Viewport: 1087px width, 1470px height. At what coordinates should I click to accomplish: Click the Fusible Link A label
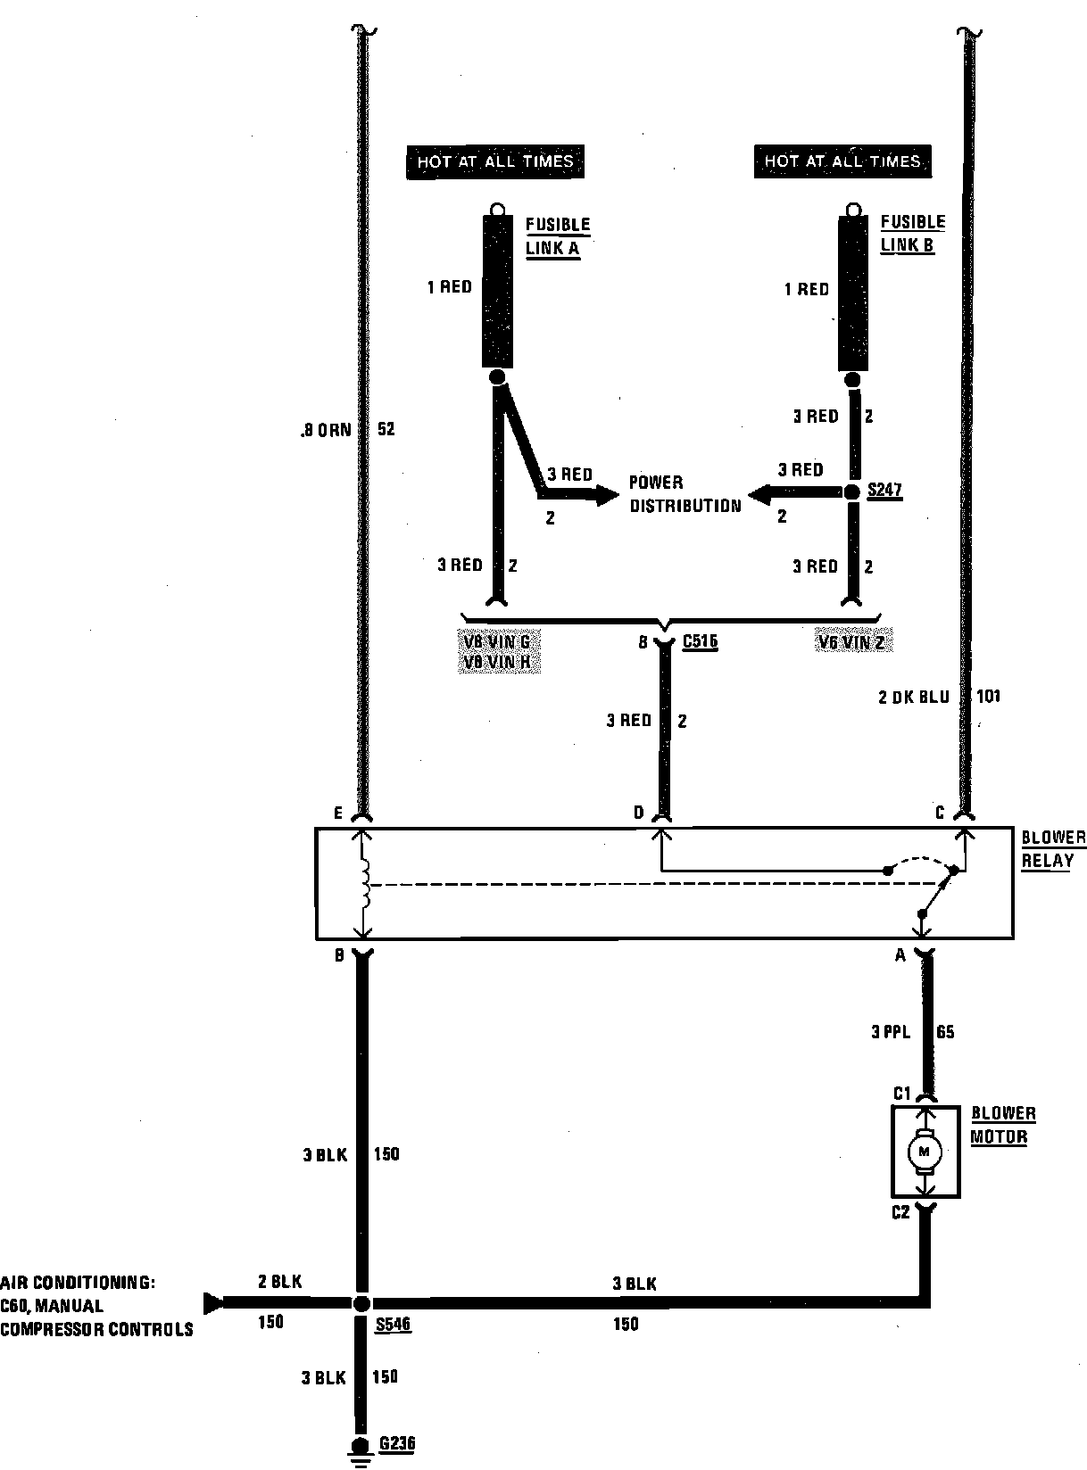coord(558,236)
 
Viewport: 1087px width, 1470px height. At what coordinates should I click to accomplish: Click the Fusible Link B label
coord(912,234)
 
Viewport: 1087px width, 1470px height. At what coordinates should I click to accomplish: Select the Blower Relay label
coord(1053,849)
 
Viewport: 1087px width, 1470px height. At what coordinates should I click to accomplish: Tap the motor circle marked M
coord(925,1152)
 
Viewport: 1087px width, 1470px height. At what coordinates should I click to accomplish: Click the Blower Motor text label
coord(1003,1126)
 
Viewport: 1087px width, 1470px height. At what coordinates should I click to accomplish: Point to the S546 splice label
coord(393,1324)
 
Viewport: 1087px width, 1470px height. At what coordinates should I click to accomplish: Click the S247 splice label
coord(884,491)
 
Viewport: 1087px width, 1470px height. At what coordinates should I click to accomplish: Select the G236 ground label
coord(397,1443)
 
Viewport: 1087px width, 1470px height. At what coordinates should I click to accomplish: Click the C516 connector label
coord(700,641)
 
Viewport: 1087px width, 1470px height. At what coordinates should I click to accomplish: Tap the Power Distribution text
coord(685,494)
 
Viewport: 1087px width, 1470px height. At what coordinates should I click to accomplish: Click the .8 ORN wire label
coord(327,429)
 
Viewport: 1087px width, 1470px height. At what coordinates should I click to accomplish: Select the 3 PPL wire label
coord(891,1032)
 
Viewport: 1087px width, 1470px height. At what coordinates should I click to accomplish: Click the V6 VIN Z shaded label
coord(855,641)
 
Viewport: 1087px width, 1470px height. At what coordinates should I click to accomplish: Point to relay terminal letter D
coord(638,813)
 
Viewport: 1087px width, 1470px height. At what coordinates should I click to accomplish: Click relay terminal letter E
coord(337,813)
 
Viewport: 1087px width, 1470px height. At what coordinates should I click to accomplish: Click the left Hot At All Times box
coord(494,161)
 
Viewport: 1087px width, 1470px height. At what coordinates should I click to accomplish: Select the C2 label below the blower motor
coord(900,1212)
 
